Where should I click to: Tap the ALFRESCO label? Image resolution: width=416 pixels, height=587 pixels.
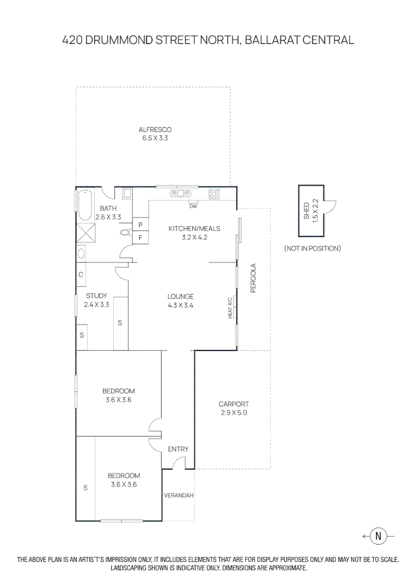tap(155, 129)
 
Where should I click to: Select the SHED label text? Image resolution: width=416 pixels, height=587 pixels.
tap(306, 210)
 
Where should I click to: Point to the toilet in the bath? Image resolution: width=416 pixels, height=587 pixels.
tap(125, 233)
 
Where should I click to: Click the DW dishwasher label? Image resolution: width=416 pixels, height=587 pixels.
tap(193, 207)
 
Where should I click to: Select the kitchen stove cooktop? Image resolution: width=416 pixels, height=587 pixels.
tap(213, 193)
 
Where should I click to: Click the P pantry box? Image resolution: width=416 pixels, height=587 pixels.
tap(140, 224)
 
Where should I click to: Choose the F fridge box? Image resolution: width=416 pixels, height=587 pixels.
tap(140, 238)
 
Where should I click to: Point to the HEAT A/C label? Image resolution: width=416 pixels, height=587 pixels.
tap(230, 308)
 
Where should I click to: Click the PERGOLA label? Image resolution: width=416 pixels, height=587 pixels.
tap(253, 278)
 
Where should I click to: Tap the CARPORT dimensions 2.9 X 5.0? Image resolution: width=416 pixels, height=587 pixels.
tap(234, 413)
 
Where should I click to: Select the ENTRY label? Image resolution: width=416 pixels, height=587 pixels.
tap(178, 449)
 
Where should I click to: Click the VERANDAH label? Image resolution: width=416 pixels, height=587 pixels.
tap(179, 496)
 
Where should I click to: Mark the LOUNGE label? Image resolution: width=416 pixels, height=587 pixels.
tap(180, 297)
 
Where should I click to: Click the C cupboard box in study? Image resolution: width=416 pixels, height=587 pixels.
tap(81, 274)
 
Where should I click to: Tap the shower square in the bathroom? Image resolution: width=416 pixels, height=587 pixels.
tap(84, 233)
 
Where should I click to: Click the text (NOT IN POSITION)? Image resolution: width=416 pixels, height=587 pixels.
tap(312, 248)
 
